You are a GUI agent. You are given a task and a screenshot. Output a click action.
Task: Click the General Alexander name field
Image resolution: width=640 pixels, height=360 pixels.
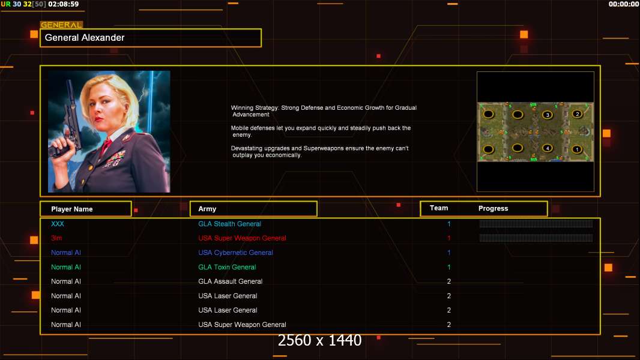[151, 38]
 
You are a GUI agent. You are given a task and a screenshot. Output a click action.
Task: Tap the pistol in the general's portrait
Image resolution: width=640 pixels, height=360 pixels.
[68, 122]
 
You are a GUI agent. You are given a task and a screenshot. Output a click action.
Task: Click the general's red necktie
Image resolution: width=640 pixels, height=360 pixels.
[106, 145]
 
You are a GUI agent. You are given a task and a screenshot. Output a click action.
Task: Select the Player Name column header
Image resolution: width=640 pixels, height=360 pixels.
[86, 209]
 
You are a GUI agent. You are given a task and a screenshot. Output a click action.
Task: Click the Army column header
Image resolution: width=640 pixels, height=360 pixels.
[253, 209]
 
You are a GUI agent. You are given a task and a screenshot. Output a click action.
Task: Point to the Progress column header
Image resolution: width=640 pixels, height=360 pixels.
[493, 208]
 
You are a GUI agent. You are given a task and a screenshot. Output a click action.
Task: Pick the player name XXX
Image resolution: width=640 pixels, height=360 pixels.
[58, 224]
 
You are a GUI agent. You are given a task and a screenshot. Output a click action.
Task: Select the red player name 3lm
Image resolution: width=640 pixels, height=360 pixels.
[56, 238]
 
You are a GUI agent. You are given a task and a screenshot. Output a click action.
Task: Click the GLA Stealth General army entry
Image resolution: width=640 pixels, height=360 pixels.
[229, 224]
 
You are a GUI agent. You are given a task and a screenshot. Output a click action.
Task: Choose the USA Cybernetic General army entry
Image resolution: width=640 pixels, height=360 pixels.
[235, 253]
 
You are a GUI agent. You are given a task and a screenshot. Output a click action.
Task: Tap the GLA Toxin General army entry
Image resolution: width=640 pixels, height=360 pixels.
[227, 267]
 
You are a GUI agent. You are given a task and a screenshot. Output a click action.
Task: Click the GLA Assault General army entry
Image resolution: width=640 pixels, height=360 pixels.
[230, 281]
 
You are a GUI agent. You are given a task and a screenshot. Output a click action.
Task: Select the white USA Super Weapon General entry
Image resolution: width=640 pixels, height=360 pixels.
[242, 325]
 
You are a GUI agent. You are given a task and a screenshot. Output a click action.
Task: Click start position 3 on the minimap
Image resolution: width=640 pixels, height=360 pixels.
[548, 115]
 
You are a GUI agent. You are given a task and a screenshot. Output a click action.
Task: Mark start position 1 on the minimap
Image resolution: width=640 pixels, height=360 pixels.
[577, 149]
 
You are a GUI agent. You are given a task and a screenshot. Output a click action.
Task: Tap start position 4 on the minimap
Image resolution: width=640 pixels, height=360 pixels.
[548, 148]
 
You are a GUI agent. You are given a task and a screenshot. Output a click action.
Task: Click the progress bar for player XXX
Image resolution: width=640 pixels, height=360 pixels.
[536, 223]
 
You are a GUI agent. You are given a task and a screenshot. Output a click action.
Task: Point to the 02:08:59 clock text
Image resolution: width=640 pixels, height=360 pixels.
[63, 4]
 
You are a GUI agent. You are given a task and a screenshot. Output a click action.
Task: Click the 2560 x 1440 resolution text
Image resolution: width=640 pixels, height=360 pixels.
[319, 340]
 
